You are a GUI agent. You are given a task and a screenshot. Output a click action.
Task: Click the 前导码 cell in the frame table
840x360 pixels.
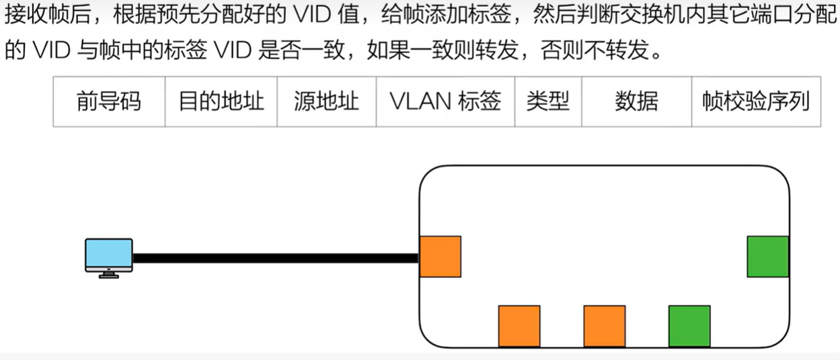click(109, 102)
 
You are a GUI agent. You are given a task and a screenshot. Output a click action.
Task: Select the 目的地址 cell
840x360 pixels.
click(221, 102)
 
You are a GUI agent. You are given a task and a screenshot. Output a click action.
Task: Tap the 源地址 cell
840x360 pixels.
click(326, 102)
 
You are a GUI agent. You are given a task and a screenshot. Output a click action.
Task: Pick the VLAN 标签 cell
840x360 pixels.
click(445, 102)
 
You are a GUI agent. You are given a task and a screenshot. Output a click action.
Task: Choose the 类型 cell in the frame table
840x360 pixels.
click(548, 102)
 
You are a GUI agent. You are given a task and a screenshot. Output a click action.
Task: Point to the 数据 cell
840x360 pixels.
click(636, 102)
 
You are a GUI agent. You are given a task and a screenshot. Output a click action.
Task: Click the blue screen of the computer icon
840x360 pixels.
click(108, 254)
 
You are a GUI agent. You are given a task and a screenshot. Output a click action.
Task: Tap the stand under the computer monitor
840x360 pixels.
click(108, 275)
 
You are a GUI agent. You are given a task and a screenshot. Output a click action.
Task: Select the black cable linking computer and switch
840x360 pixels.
click(276, 258)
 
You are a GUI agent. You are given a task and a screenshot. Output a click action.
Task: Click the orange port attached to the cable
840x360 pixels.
click(441, 256)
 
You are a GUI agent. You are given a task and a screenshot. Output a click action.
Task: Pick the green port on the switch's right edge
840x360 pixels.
click(767, 256)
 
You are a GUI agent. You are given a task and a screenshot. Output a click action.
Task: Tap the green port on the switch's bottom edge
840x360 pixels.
click(689, 326)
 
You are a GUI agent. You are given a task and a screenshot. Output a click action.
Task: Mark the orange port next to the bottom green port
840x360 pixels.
click(605, 326)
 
